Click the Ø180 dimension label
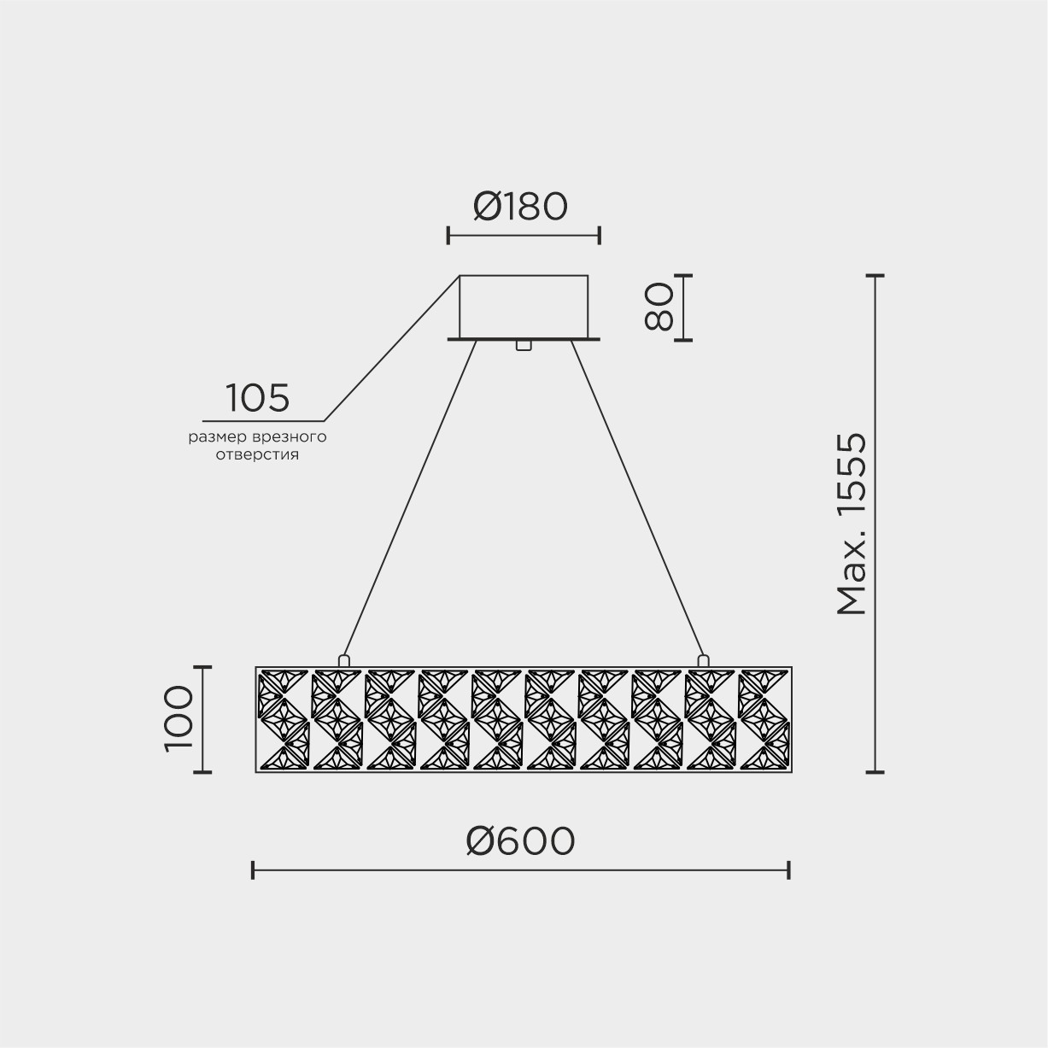[520, 206]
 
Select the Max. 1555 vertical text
[852, 524]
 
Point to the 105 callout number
[258, 398]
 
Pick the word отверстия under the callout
[258, 454]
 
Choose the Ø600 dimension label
[520, 842]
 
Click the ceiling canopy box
[524, 306]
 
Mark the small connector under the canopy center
[524, 345]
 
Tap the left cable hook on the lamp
[343, 660]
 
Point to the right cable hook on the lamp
[703, 660]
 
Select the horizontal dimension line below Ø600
[520, 870]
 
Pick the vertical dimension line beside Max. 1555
[875, 524]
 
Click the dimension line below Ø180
[524, 236]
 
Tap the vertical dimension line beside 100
[202, 718]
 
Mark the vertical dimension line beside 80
[683, 307]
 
